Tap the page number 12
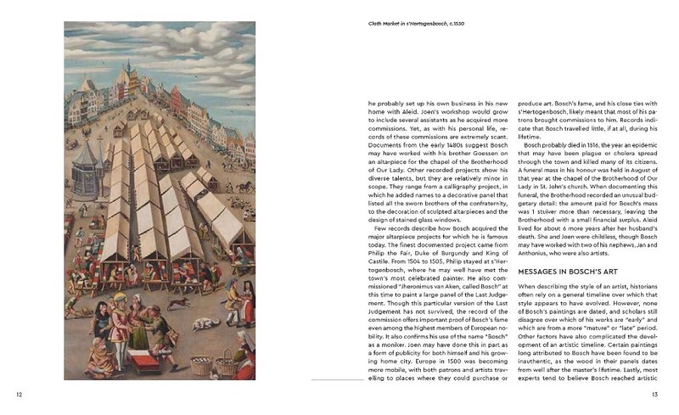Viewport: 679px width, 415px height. [x=20, y=394]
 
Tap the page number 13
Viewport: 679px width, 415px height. [x=655, y=394]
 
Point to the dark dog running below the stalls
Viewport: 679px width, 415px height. [x=177, y=301]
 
